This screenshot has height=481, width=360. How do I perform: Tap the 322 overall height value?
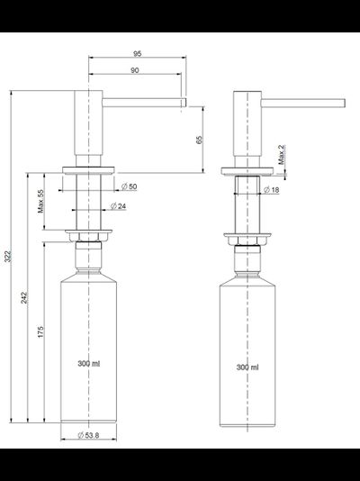coord(9,259)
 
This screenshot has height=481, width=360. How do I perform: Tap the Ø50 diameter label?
coord(130,186)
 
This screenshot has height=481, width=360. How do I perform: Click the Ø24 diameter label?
coord(117,206)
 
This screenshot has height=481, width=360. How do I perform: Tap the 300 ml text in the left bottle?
coord(89,364)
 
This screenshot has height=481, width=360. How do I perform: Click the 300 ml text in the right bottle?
coord(247,368)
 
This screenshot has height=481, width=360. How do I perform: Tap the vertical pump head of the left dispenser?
coord(88,126)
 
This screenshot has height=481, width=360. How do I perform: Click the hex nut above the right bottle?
coord(247,242)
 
